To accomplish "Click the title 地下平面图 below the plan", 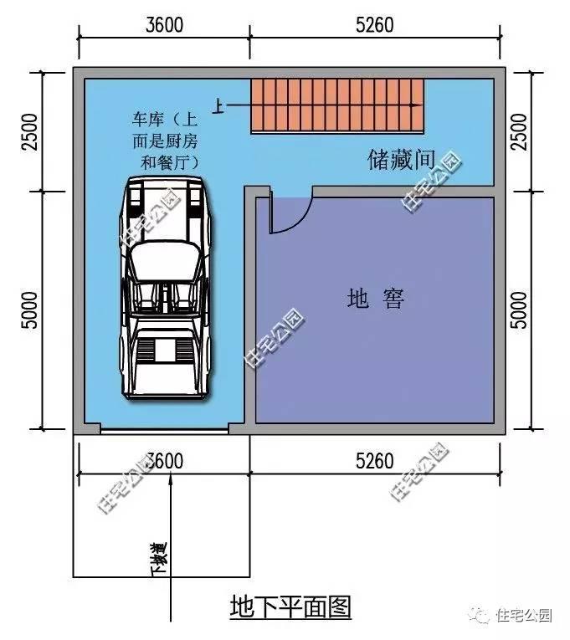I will pos(291,607).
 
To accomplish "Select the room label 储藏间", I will pos(401,159).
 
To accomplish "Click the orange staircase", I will pos(337,106).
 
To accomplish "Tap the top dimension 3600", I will pos(164,24).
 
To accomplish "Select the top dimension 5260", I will pos(374,24).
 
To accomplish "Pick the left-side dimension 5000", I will pos(30,310).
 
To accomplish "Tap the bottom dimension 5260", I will pos(374,459).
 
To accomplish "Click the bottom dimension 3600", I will pos(164,459).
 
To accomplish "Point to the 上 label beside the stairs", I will pos(218,106).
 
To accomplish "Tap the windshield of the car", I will pos(166,255).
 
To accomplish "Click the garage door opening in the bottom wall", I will pos(165,430).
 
